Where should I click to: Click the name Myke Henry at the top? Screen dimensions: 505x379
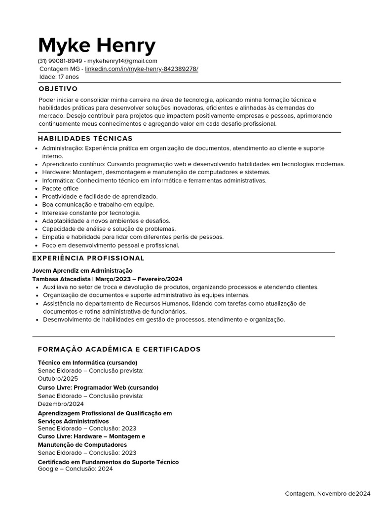(97, 46)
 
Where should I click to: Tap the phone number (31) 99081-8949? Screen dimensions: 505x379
(60, 61)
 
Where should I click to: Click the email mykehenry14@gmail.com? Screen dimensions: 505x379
(122, 61)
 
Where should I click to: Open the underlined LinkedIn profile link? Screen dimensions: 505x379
(142, 69)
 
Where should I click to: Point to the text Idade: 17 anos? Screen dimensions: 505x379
(59, 77)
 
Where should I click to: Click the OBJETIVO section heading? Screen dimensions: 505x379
(58, 89)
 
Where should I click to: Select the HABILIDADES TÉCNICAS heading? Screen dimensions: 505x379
(85, 139)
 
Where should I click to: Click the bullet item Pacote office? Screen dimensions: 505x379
(60, 188)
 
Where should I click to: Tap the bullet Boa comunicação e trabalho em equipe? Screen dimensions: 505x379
(98, 205)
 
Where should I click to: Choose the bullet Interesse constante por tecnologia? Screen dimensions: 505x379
(91, 213)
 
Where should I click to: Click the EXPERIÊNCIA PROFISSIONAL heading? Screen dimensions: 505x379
(88, 258)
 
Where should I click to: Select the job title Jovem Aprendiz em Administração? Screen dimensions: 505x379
(82, 271)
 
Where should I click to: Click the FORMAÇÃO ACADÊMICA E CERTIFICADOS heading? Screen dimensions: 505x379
(119, 349)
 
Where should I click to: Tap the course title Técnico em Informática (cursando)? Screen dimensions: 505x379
(88, 362)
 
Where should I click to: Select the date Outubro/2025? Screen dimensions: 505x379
(58, 379)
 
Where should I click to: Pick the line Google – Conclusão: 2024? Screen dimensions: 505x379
(76, 469)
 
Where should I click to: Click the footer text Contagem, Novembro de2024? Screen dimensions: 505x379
(328, 494)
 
